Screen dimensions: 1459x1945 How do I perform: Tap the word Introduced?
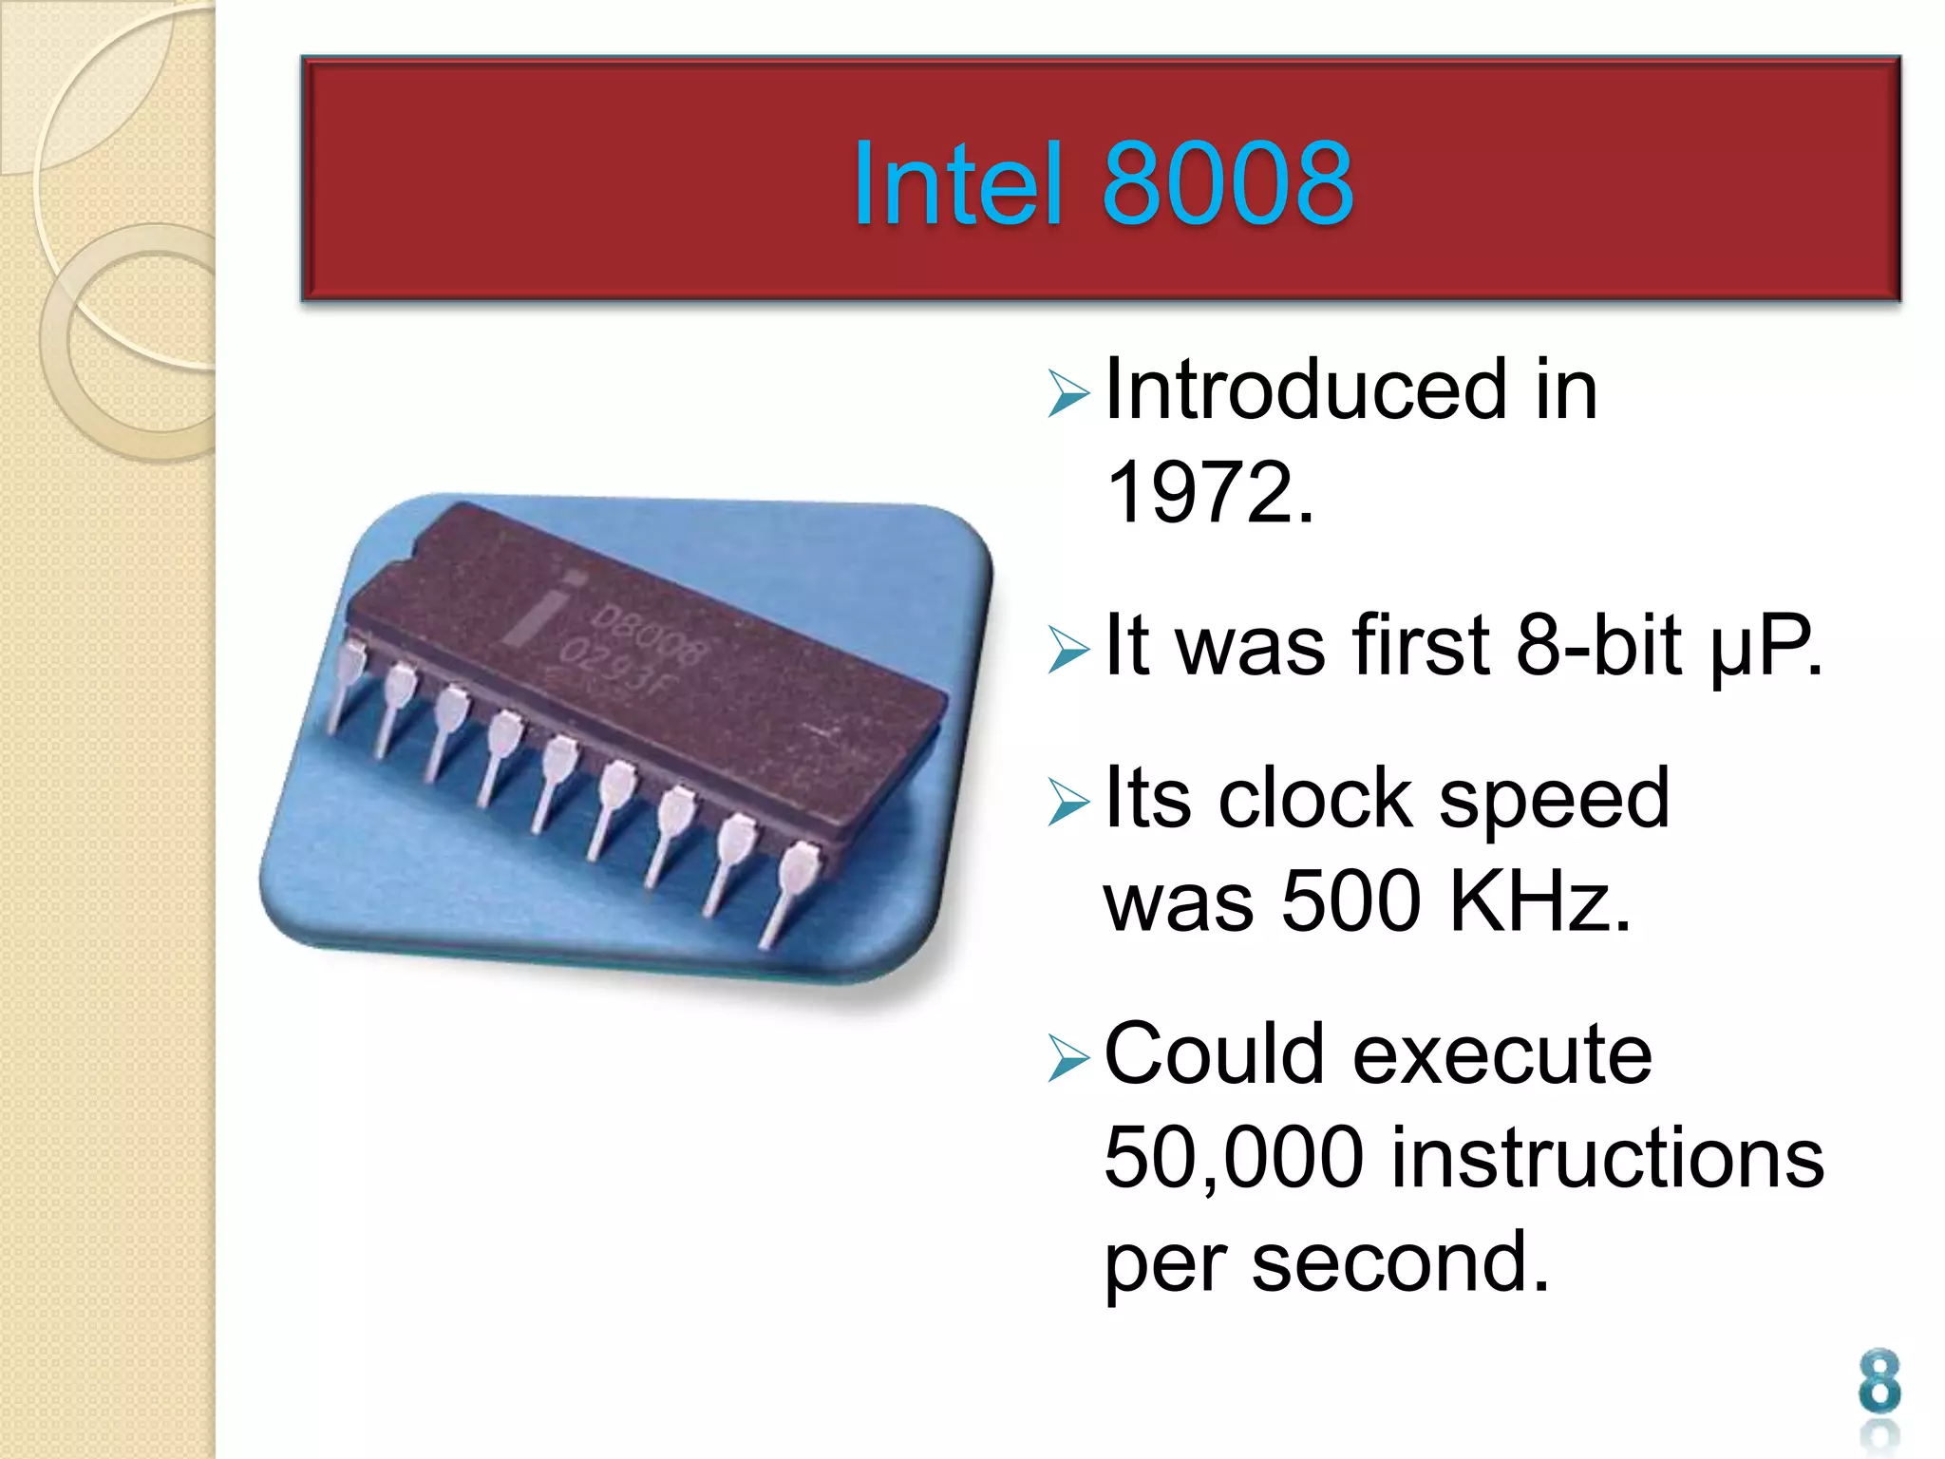pos(1306,388)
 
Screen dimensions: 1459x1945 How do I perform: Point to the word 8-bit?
pos(1598,645)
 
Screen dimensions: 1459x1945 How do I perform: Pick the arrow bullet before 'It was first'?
pos(1068,650)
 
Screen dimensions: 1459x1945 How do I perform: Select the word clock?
pos(1315,798)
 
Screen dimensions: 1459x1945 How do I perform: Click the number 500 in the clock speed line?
pos(1350,900)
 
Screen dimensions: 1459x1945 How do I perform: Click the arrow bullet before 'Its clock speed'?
pos(1068,802)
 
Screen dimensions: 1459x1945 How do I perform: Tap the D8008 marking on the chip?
pos(651,633)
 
